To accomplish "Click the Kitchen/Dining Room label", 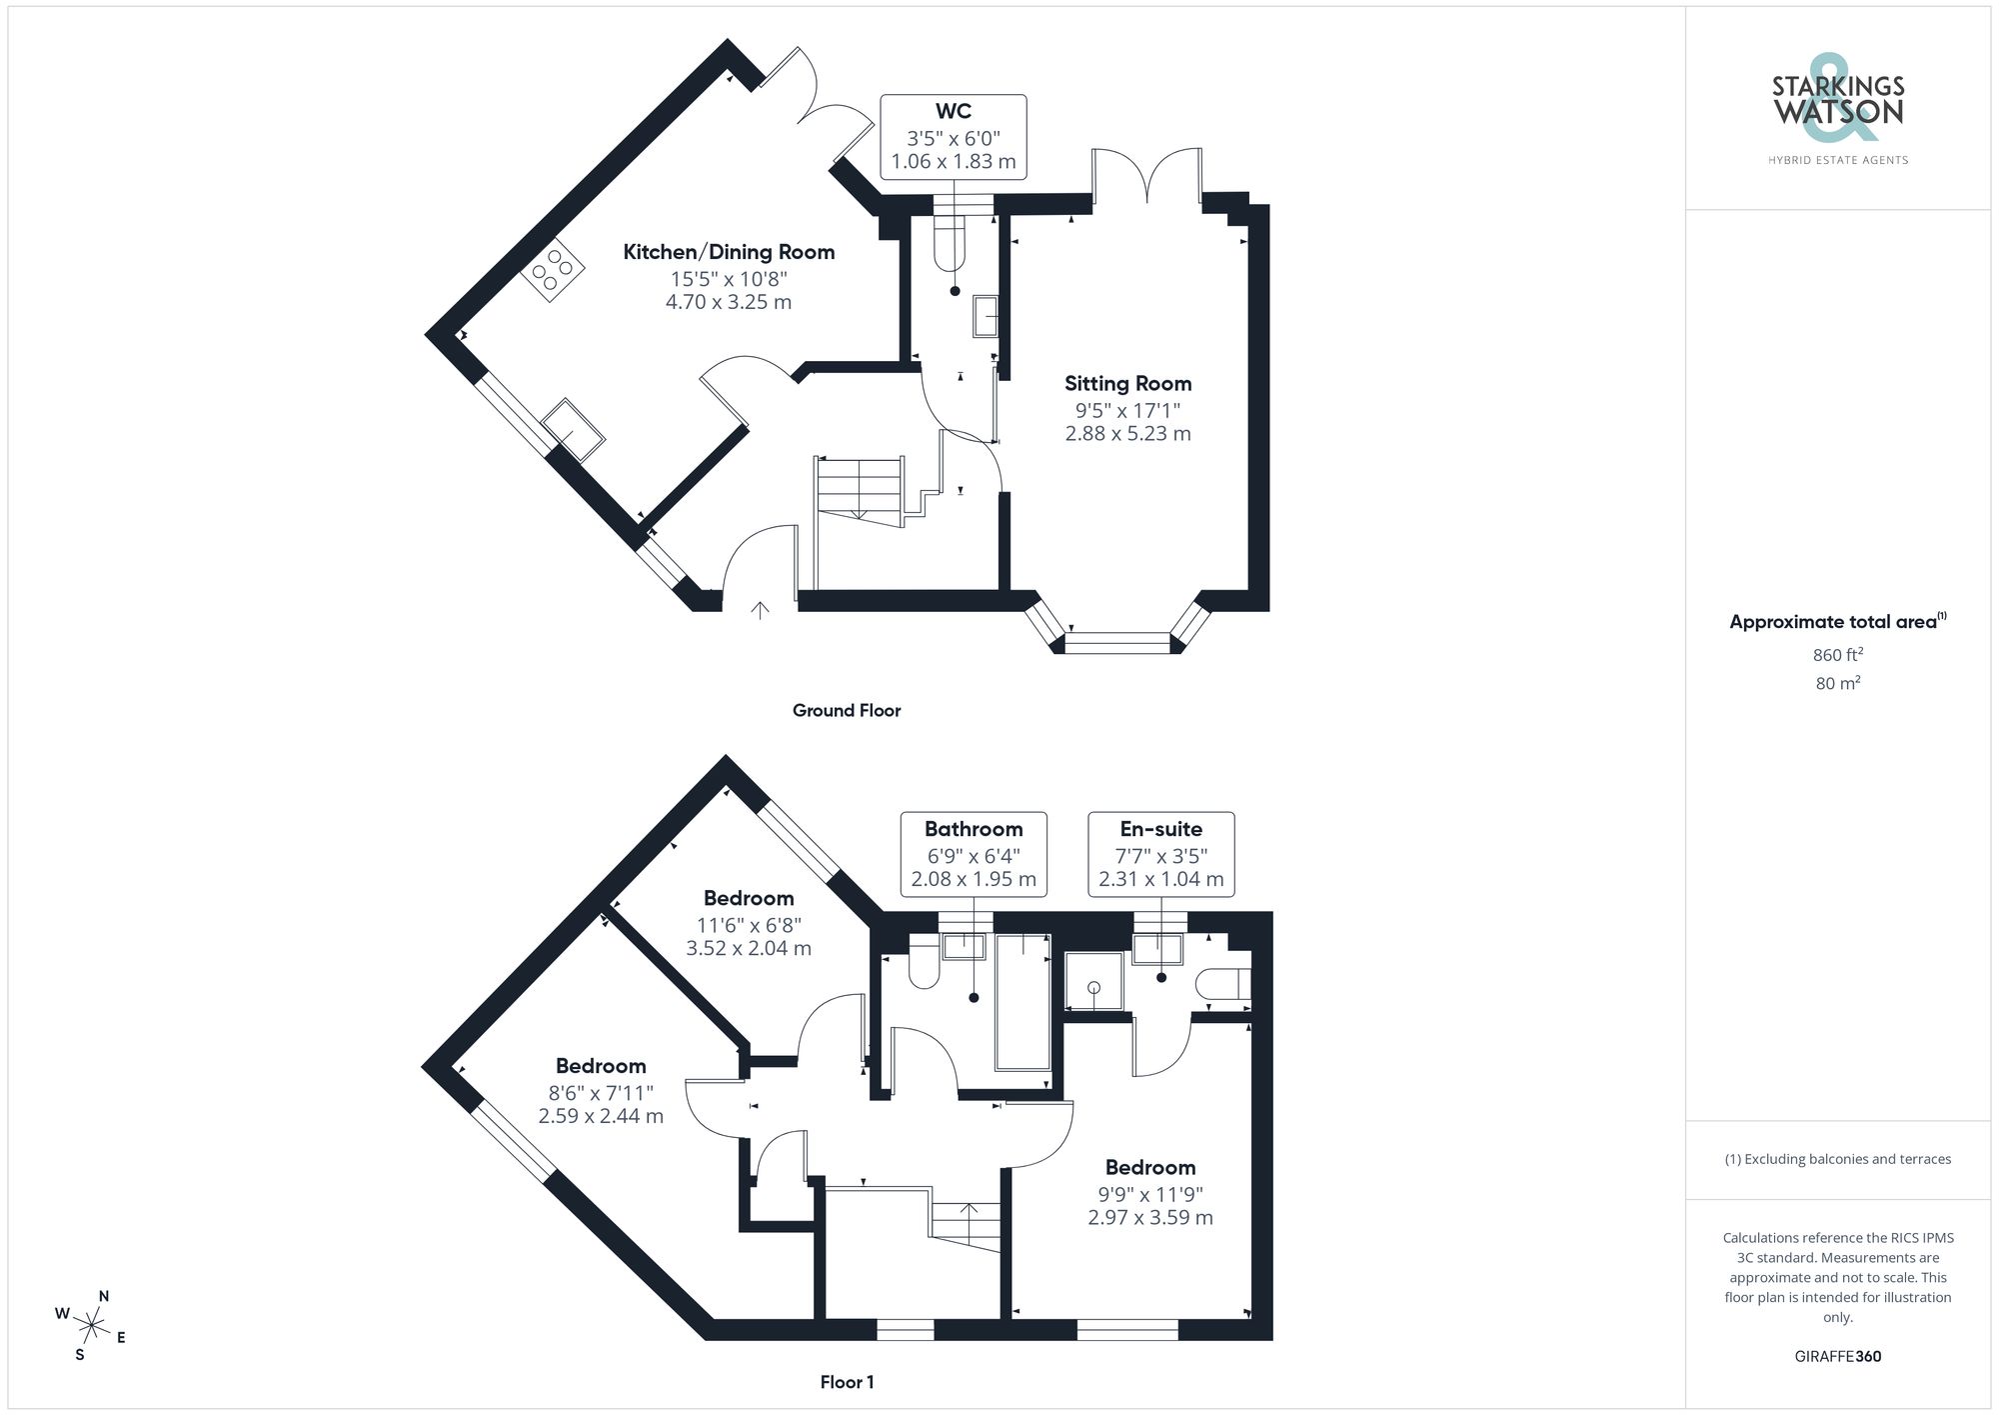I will point(729,252).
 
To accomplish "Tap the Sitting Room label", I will point(1127,383).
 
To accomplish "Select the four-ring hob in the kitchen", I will point(552,267).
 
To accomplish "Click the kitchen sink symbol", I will point(573,429).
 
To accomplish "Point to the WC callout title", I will point(953,111).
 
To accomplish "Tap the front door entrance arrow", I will point(760,609).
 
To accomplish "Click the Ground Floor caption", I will point(847,710).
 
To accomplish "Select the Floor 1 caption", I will point(847,1382).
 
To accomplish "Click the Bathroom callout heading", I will point(974,829).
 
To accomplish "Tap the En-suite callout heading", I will point(1160,829).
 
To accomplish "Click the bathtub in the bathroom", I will point(1022,1002).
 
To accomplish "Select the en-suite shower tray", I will point(1093,981).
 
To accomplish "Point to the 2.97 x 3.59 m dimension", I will point(1150,1218).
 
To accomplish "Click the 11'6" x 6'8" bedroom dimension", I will point(749,925).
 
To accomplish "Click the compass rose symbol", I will point(91,1326).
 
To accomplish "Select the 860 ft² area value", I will point(1837,655).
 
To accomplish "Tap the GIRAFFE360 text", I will point(1837,1356).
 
